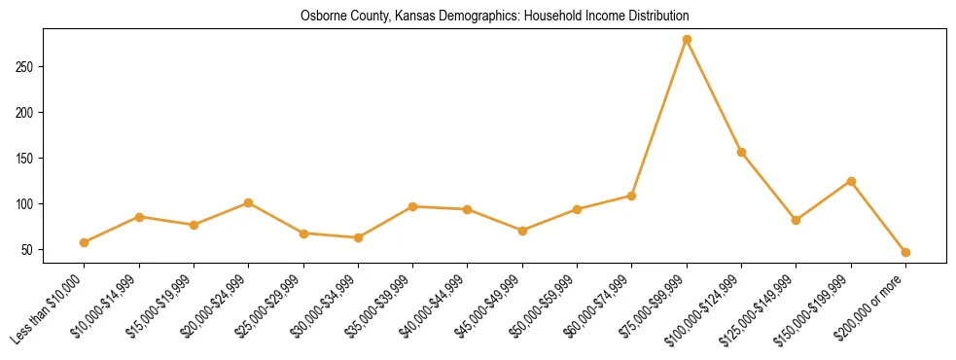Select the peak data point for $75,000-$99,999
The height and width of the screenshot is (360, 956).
pos(687,39)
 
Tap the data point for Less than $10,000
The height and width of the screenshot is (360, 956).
pos(85,242)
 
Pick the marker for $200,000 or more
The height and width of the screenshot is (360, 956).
pos(905,252)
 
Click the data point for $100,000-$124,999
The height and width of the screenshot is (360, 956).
pos(741,152)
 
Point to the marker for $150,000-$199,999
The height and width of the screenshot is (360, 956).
pos(851,181)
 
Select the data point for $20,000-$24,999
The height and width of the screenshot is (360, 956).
pos(249,202)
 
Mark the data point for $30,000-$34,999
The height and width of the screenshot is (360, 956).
pos(358,237)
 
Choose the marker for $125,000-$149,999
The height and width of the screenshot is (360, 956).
pos(797,220)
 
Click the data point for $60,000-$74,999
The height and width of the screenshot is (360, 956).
pos(632,196)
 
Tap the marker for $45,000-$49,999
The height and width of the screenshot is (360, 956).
pos(522,231)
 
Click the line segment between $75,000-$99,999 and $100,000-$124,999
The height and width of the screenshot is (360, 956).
pos(714,95)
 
